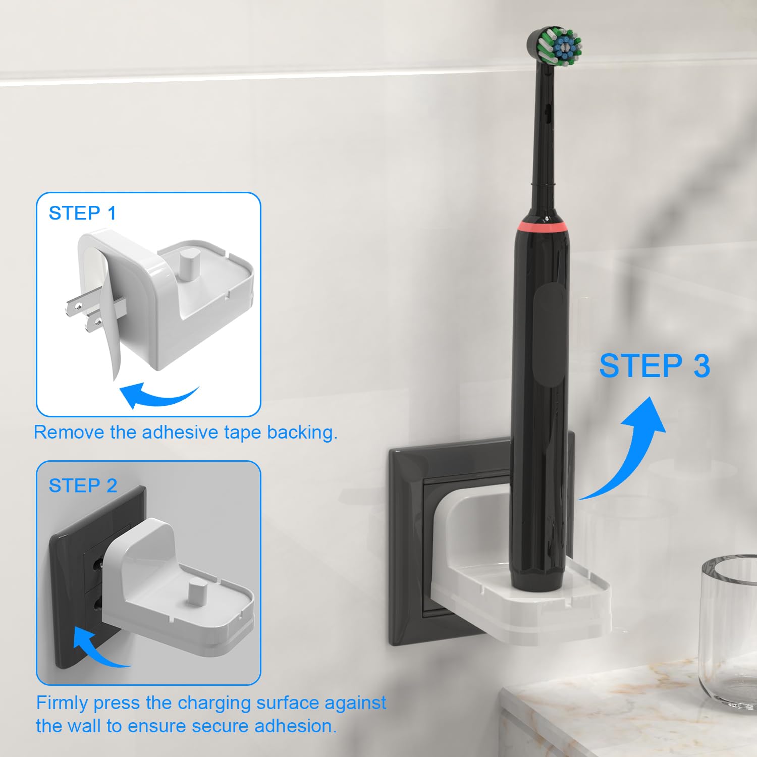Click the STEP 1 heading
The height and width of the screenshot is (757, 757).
82,213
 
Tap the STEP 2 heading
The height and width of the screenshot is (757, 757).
83,485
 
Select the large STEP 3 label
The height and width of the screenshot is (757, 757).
655,366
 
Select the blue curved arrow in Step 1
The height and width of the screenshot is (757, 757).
156,396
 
